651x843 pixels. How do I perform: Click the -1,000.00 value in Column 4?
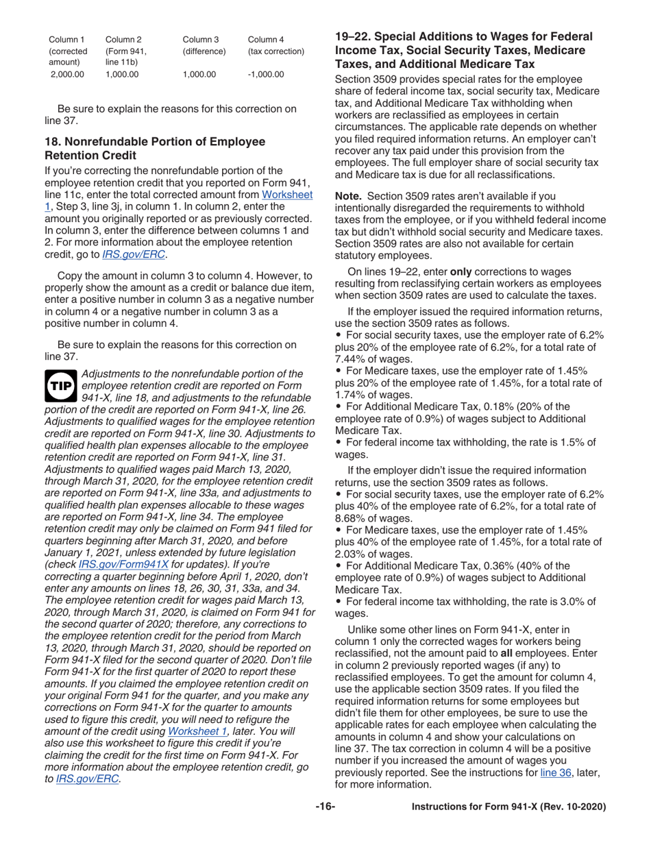265,74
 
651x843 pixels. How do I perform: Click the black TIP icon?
60,386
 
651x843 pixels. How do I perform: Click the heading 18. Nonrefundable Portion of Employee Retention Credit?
154,147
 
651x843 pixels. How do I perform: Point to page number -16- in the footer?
325,807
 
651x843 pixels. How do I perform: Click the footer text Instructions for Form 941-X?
508,807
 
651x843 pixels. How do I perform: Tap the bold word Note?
347,195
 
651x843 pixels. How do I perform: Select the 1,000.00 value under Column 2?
123,74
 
